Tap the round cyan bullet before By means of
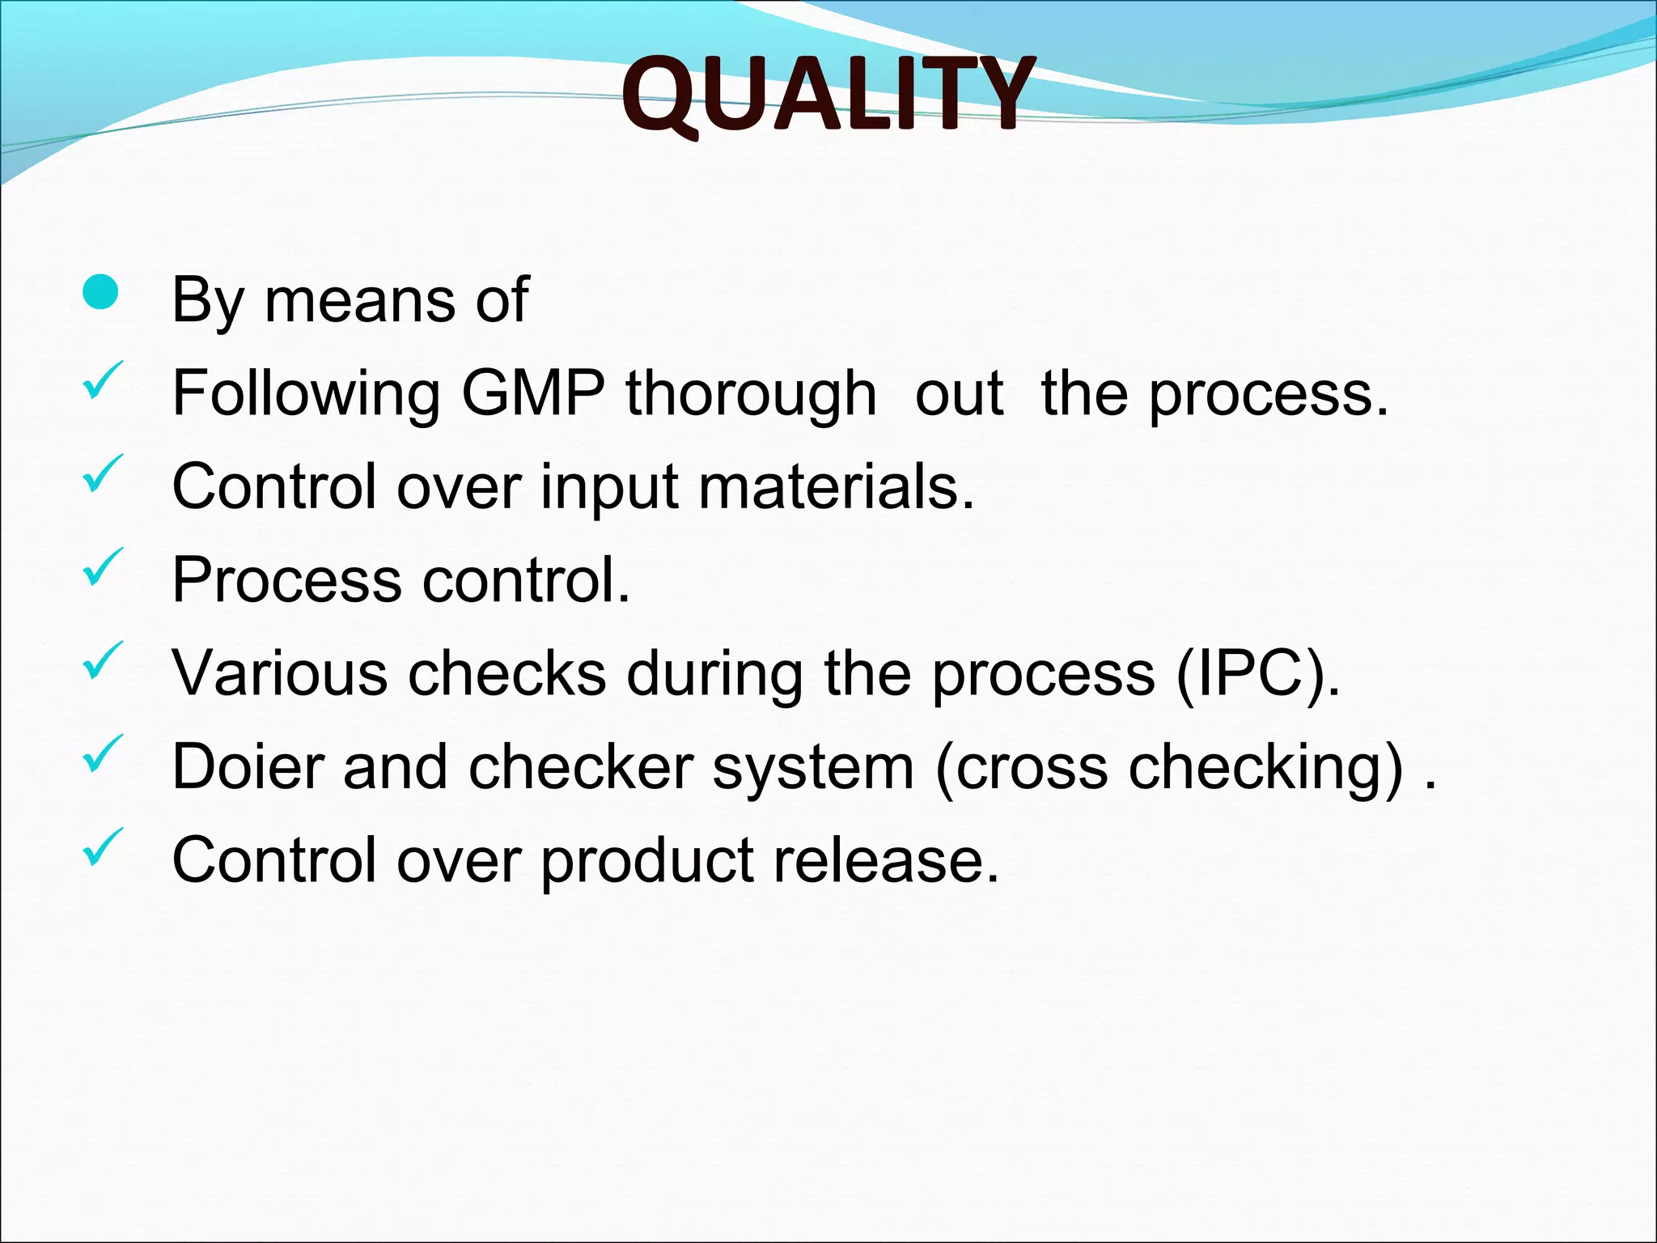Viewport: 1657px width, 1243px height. [100, 292]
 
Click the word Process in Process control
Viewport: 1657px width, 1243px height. [286, 580]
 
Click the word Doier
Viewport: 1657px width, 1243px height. [248, 766]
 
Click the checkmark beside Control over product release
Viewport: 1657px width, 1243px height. [102, 846]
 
